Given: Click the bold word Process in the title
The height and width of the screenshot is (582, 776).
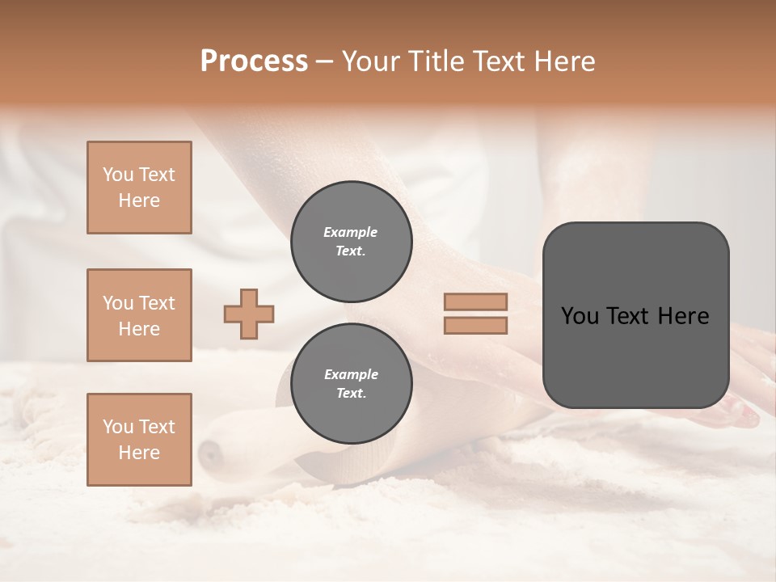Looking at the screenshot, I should tap(254, 61).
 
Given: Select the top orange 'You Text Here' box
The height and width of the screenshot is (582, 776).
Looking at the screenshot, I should tap(139, 188).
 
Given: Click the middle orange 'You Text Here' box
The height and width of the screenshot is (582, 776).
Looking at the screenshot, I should tap(139, 315).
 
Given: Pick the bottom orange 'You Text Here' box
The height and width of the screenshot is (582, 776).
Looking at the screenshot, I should tap(139, 440).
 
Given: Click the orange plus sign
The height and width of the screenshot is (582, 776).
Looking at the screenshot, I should tap(249, 314).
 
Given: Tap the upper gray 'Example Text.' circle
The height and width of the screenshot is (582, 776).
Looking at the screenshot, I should tap(351, 241).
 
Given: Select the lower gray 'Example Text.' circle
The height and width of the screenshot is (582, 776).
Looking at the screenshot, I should tap(351, 383).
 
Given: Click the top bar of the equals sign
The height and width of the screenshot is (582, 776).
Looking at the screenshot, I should tap(475, 302).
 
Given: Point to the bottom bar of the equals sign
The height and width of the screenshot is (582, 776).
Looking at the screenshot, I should tap(475, 326).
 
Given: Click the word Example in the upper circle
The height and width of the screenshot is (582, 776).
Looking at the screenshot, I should tap(350, 232).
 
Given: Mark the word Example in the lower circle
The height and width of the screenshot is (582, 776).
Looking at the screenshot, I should tap(350, 374).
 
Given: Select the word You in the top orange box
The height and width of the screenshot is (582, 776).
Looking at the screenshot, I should tap(118, 175).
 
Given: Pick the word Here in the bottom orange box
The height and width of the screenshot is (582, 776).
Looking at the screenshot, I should tap(139, 453).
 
